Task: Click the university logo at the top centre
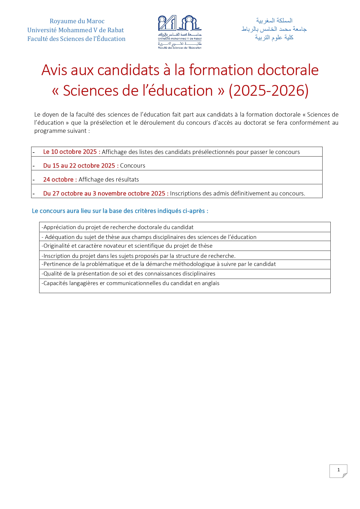(x=180, y=32)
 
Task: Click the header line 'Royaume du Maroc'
(x=77, y=21)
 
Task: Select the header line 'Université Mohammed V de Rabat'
(x=75, y=30)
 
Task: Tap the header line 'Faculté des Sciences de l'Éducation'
(x=76, y=39)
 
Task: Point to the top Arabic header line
(x=274, y=20)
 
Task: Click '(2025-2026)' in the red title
(x=268, y=90)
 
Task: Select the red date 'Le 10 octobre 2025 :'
(x=72, y=152)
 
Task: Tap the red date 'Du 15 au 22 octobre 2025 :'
(x=81, y=166)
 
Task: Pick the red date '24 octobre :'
(x=60, y=180)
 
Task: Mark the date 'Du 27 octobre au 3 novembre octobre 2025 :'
(x=106, y=193)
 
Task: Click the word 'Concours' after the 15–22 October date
(x=133, y=166)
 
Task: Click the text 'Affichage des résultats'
(x=108, y=180)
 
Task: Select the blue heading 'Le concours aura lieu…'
(x=120, y=211)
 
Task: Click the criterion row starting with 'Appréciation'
(x=117, y=227)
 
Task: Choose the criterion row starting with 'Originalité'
(x=127, y=246)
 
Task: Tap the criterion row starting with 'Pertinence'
(x=159, y=264)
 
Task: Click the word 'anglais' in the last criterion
(x=210, y=283)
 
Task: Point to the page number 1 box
(x=338, y=470)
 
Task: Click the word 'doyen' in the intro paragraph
(x=51, y=115)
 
